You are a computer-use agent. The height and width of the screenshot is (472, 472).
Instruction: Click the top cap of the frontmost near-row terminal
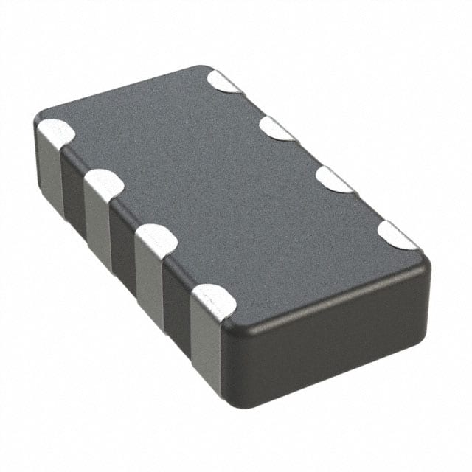(213, 299)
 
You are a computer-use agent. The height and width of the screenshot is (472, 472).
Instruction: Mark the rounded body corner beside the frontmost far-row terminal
(422, 262)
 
